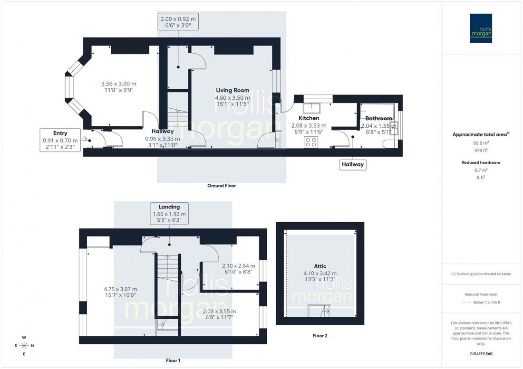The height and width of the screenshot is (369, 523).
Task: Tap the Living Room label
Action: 232,90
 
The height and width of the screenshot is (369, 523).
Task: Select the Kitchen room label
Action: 309,118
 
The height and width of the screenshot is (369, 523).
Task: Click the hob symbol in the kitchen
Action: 311,142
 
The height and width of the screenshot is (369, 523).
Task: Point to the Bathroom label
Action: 378,118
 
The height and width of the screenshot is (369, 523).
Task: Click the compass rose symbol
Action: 24,345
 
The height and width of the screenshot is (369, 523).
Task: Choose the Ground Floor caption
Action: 221,186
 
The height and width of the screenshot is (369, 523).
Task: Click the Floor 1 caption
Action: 173,361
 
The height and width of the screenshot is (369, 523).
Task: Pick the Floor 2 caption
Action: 320,336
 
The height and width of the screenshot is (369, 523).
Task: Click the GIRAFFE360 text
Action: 482,354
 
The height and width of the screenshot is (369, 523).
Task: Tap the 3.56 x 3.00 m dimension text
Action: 122,84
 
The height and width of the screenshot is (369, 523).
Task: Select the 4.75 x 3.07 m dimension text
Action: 120,289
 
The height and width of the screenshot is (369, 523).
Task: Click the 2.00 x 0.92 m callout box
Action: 178,22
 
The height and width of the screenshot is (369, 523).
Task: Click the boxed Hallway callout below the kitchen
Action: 352,165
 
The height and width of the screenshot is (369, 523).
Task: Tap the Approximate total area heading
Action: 482,134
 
